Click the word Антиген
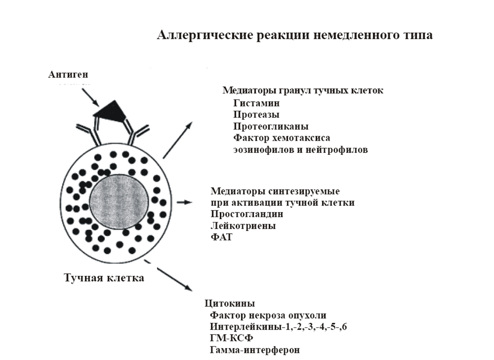68,75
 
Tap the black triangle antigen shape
111,110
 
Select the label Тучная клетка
104,278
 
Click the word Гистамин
256,103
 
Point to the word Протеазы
256,115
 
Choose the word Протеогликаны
271,127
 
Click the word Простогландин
247,214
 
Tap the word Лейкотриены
243,226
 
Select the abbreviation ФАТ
221,237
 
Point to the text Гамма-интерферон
254,350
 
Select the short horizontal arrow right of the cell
184,202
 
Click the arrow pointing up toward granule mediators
178,140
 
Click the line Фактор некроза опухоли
268,315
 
